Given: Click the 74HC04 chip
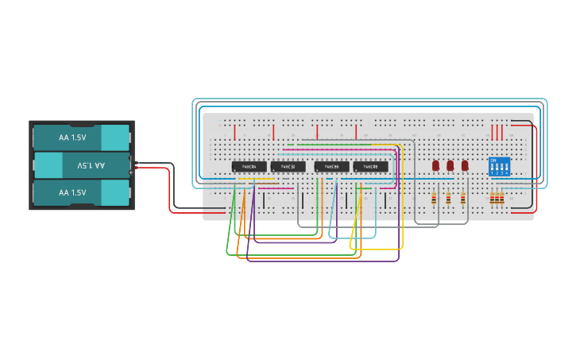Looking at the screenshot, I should pos(249,167).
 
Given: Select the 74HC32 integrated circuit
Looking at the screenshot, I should pos(288,167).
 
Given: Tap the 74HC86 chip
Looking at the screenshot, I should pos(331,167).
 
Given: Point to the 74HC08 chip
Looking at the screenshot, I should pos(370,167).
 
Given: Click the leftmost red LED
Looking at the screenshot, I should pos(435,165).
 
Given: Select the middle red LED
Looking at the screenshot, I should pos(450,165).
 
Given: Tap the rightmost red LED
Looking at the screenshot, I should pos(465,165).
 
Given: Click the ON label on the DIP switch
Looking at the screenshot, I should pos(493,161).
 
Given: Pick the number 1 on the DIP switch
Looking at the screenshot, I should pos(493,173).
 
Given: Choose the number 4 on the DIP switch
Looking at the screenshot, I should pos(507,173).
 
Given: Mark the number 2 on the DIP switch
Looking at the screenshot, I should pos(497,173).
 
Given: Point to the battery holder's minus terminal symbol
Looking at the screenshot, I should pos(131,163).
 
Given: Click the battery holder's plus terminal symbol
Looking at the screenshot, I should pos(131,172).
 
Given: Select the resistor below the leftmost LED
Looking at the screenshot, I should pos(434,198).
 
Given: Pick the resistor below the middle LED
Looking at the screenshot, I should pos(448,198).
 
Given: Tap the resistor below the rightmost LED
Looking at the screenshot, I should pos(463,198).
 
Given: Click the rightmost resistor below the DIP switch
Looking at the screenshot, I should pos(502,198).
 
